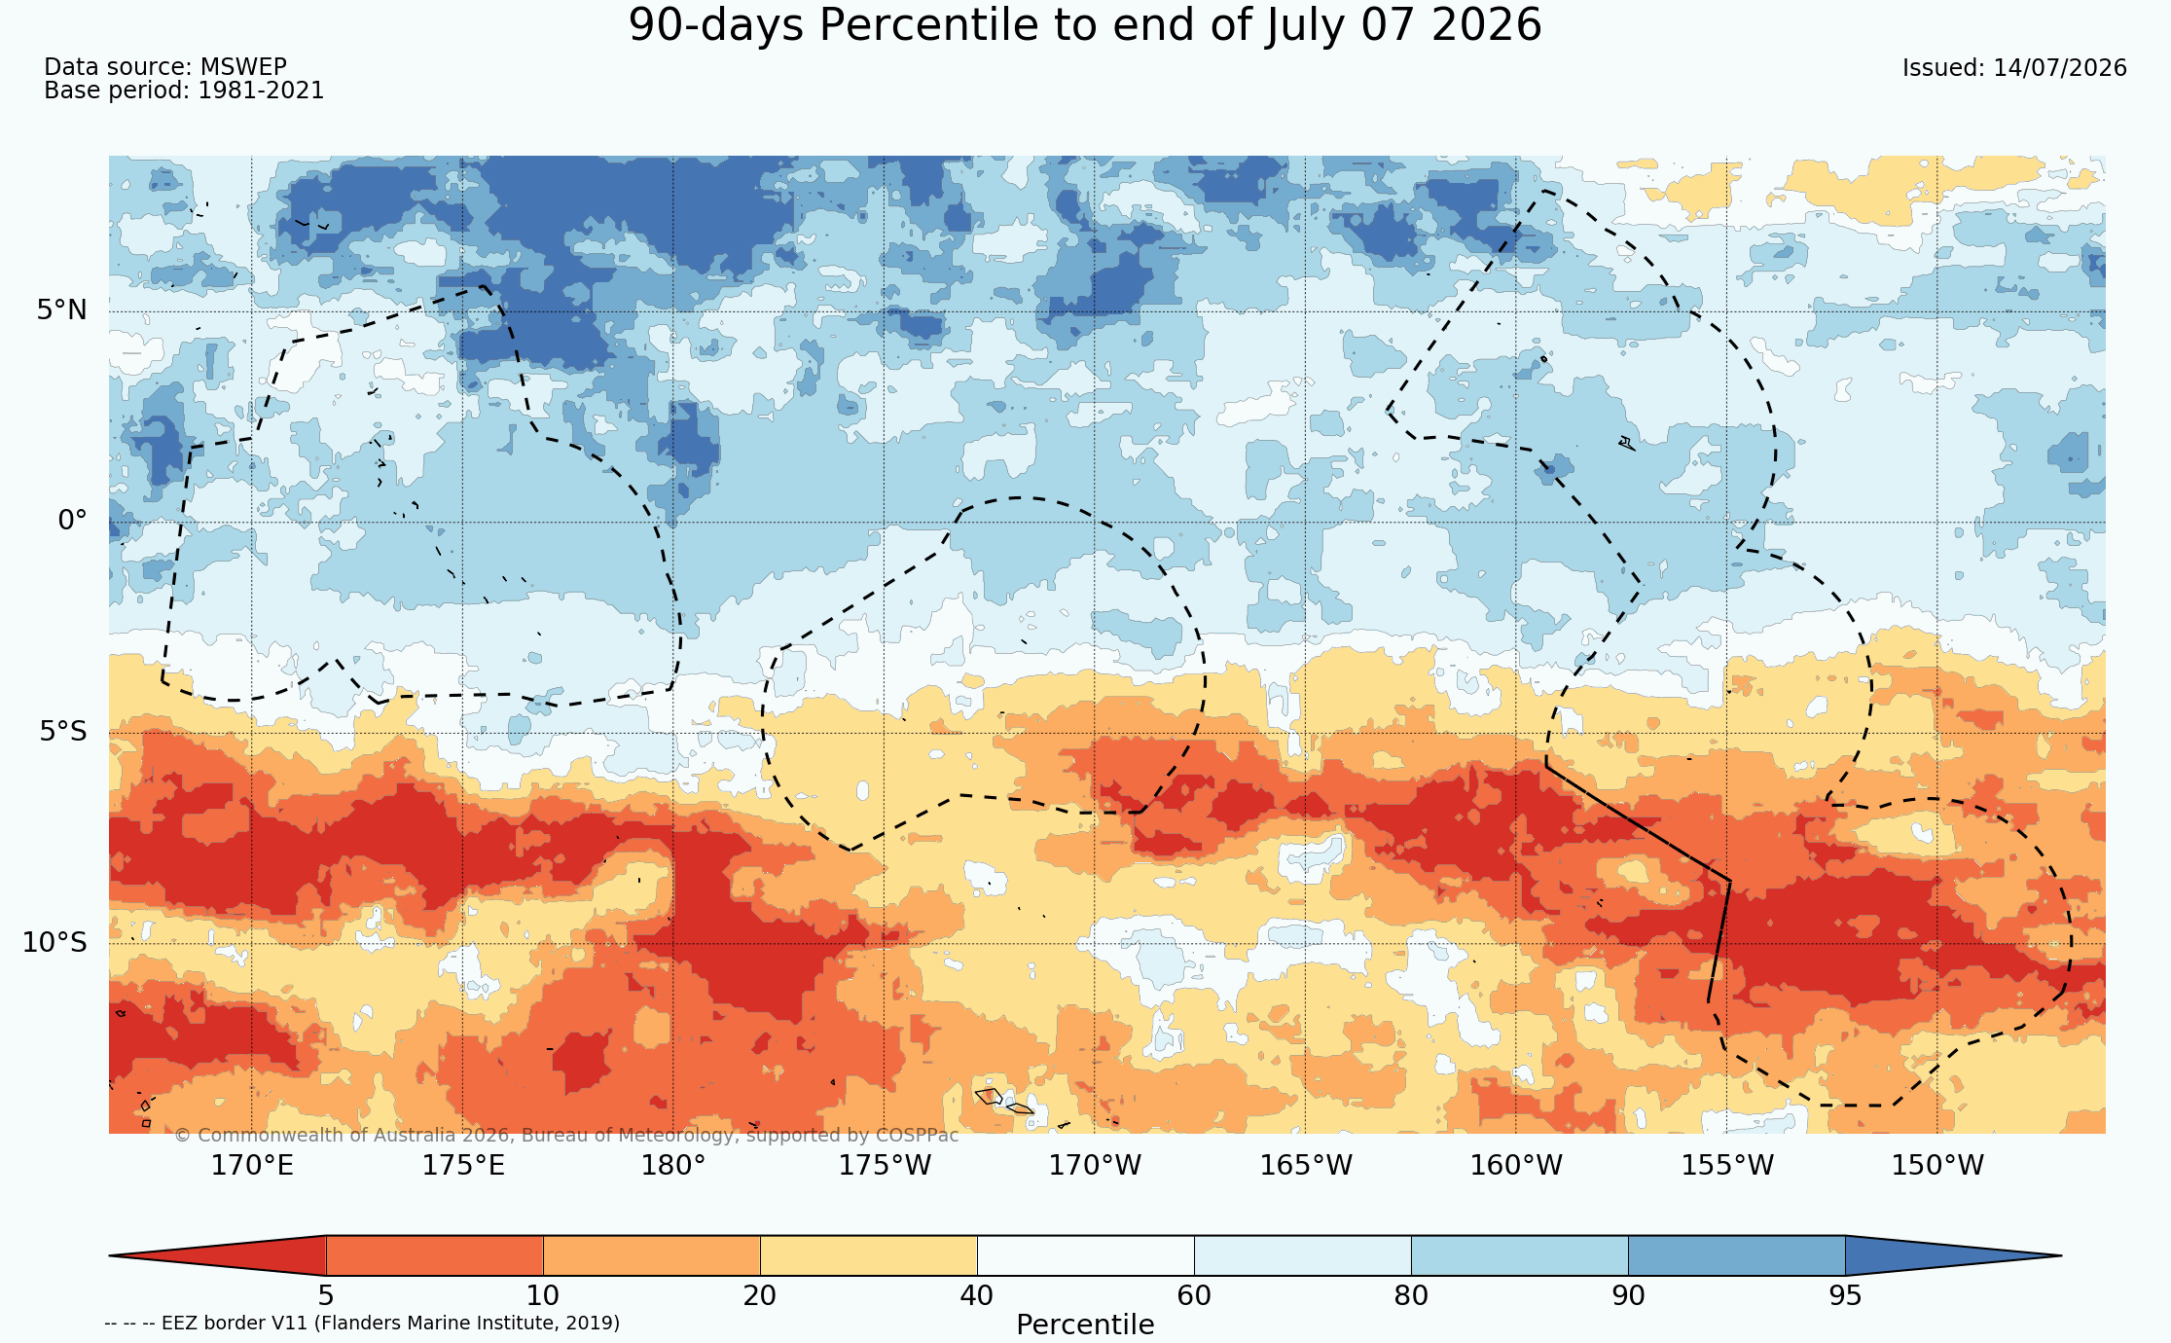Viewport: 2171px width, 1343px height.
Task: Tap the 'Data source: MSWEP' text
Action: point(165,67)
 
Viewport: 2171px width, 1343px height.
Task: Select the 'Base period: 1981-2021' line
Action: point(184,91)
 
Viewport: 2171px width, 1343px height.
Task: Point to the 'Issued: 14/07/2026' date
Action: point(2014,68)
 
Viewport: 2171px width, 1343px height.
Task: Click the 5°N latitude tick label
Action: point(62,310)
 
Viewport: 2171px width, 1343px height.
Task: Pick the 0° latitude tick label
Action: point(72,521)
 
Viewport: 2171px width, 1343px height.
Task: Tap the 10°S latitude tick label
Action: point(54,942)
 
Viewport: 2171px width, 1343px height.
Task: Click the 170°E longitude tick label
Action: point(252,1165)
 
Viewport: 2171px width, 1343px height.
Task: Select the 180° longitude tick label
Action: point(672,1165)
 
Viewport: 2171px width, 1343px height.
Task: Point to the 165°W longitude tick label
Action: point(1306,1165)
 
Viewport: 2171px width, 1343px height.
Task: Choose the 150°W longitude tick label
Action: point(1936,1165)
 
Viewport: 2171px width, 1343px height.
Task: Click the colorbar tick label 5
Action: point(326,1296)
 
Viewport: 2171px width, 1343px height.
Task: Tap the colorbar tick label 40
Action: point(977,1296)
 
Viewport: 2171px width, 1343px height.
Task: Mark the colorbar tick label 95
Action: point(1845,1296)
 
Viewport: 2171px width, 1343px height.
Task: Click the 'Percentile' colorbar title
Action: point(1085,1325)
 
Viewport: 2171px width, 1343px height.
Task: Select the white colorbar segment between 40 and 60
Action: point(1085,1255)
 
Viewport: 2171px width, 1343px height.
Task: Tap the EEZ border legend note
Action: point(362,1324)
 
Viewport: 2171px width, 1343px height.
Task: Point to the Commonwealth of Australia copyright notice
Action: point(566,1136)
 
